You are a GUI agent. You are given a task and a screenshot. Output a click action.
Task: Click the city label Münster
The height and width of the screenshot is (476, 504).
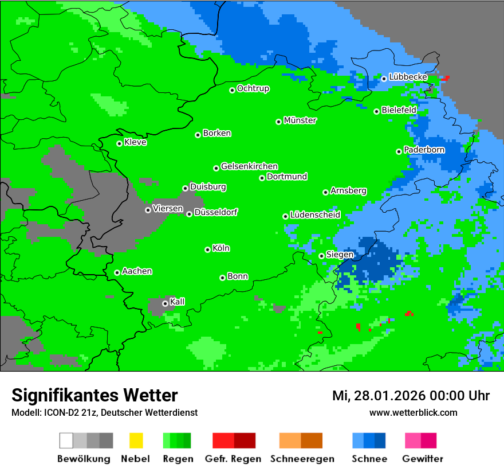coord(300,120)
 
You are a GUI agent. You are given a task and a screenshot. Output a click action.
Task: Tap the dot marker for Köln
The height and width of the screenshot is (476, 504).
coord(207,249)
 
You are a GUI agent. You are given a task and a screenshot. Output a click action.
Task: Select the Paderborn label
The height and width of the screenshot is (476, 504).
coord(424,150)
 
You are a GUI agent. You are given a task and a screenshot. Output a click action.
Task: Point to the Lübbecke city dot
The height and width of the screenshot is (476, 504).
coord(384,79)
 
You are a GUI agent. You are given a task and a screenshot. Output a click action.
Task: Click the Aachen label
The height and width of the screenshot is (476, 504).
coord(137,271)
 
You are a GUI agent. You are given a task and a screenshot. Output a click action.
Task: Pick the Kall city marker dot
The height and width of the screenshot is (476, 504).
coord(165,303)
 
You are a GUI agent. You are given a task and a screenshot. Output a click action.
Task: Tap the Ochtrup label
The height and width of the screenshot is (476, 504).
coord(253,89)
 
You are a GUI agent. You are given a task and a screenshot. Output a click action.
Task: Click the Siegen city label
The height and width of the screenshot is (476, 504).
coord(340,255)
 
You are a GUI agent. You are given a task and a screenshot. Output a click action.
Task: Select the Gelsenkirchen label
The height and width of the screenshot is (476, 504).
coord(249,166)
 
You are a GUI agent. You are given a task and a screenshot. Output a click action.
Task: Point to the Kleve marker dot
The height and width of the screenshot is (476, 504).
coord(119,143)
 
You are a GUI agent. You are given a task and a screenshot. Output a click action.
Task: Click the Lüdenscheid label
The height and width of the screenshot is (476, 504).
coord(315,215)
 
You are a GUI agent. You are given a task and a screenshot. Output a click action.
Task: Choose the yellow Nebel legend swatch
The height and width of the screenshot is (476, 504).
coord(136,440)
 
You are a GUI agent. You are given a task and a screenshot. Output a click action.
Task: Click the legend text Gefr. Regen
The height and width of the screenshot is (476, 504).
coord(233,459)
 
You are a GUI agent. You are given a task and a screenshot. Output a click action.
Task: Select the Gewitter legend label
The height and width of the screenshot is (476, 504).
coord(423,459)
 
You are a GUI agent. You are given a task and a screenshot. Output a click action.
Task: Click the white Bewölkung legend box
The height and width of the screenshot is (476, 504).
coord(66,440)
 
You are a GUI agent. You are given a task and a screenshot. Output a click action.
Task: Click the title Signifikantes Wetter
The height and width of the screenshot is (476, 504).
coord(94,396)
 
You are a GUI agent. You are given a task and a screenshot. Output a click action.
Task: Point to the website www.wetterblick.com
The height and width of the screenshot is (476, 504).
coord(413,413)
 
